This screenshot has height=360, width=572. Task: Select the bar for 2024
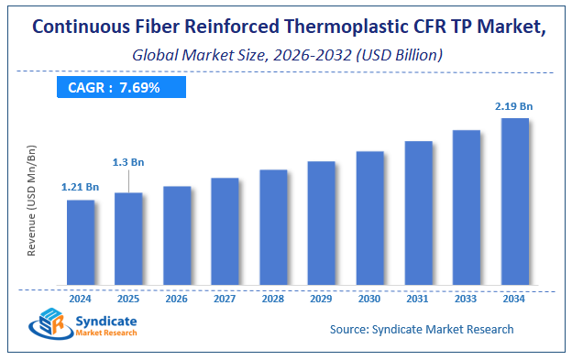coord(81,242)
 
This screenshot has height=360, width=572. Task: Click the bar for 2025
coord(128,238)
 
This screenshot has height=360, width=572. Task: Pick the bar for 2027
coord(225,231)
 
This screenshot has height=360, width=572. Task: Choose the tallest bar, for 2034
coord(514,201)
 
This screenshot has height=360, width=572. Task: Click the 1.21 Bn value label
coord(80,188)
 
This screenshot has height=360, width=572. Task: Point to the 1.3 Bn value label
coord(127,162)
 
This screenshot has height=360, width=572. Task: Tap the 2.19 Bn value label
coord(515,106)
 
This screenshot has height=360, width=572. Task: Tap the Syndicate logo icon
coord(49,327)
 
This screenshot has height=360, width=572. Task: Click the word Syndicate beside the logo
coord(108,320)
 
